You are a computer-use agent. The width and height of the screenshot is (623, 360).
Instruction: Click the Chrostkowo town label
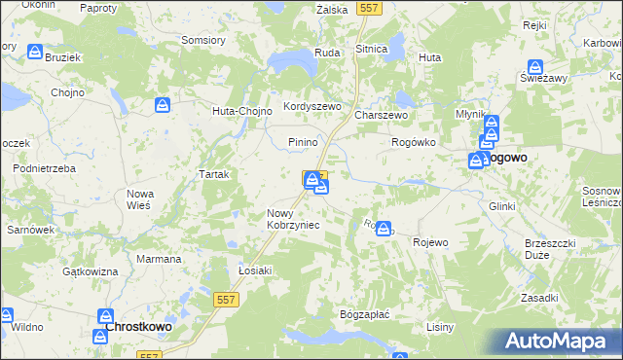click(138, 327)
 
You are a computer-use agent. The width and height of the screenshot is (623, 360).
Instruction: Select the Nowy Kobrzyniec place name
click(293, 219)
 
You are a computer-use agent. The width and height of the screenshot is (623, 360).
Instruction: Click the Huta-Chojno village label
click(238, 110)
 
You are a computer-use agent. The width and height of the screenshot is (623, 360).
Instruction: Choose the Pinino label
click(304, 142)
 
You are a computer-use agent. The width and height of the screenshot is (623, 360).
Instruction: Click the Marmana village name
click(159, 260)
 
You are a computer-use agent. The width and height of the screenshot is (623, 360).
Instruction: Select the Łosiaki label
click(255, 270)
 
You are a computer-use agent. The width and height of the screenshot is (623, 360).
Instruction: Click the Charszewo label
click(380, 114)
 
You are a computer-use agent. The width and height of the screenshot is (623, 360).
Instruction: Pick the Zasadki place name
click(538, 298)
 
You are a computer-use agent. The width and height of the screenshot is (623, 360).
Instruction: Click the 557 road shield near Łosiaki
click(227, 304)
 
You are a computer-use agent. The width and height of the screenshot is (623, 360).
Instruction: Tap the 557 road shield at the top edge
click(368, 7)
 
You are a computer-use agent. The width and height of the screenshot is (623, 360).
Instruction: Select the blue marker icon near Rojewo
click(384, 229)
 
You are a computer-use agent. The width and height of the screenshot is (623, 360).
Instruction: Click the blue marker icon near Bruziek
click(35, 53)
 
